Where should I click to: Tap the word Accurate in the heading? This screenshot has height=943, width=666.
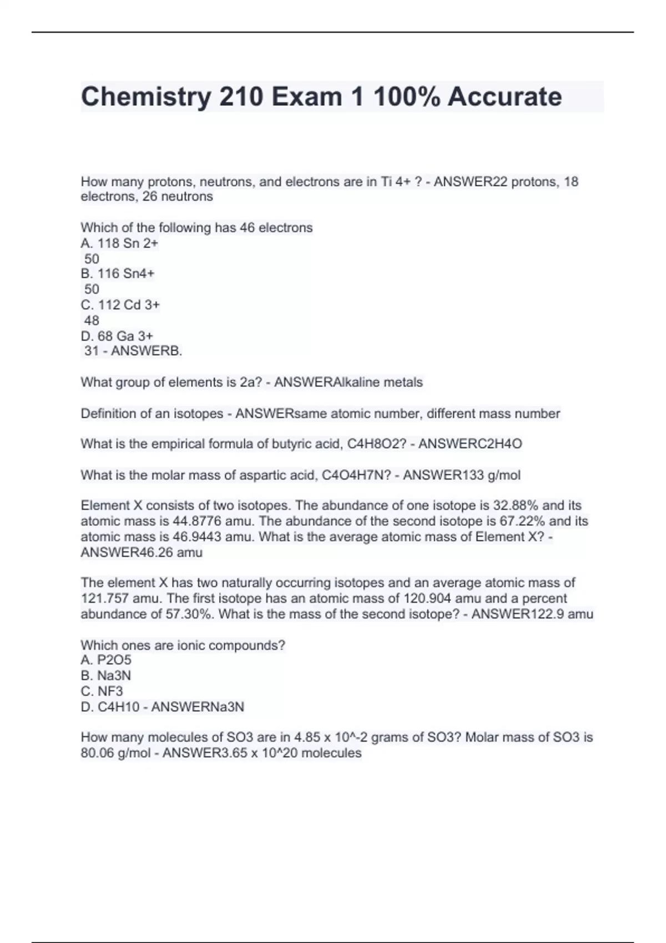(x=504, y=97)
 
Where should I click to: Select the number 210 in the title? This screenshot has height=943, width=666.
(x=241, y=97)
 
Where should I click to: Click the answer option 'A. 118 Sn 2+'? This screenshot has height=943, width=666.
(x=119, y=243)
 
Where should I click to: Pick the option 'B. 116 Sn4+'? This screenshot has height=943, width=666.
(x=118, y=273)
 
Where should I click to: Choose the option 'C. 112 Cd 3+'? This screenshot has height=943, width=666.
(x=120, y=305)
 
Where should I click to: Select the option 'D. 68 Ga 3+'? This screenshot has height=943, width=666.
(x=117, y=336)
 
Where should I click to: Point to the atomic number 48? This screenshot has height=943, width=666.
(x=92, y=321)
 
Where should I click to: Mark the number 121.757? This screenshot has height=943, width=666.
(x=105, y=599)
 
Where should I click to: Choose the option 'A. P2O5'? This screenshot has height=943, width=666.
(x=106, y=660)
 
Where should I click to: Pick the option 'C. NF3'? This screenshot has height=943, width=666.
(x=102, y=691)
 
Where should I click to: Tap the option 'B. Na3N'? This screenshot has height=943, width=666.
(x=106, y=676)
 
